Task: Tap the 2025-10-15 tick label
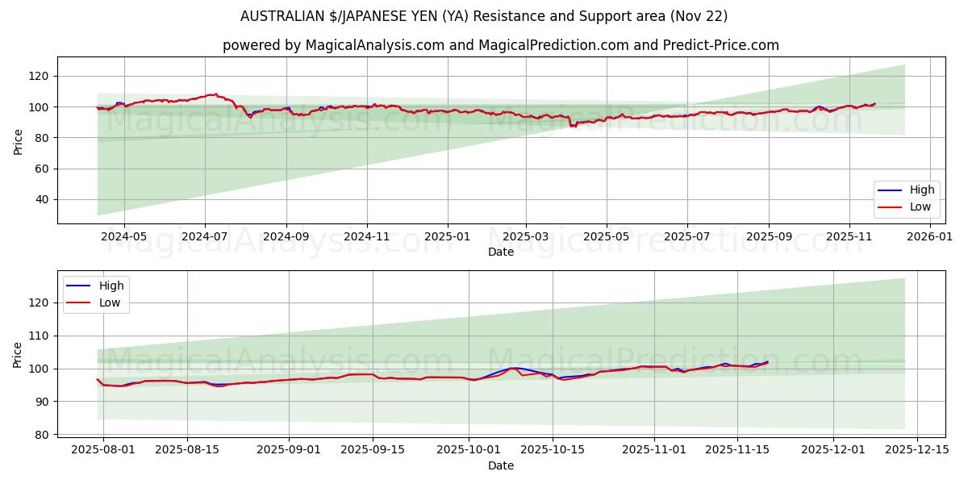tap(553, 449)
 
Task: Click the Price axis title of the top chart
tap(19, 141)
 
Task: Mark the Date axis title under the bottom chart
tap(501, 465)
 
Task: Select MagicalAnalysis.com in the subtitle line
tap(375, 45)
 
